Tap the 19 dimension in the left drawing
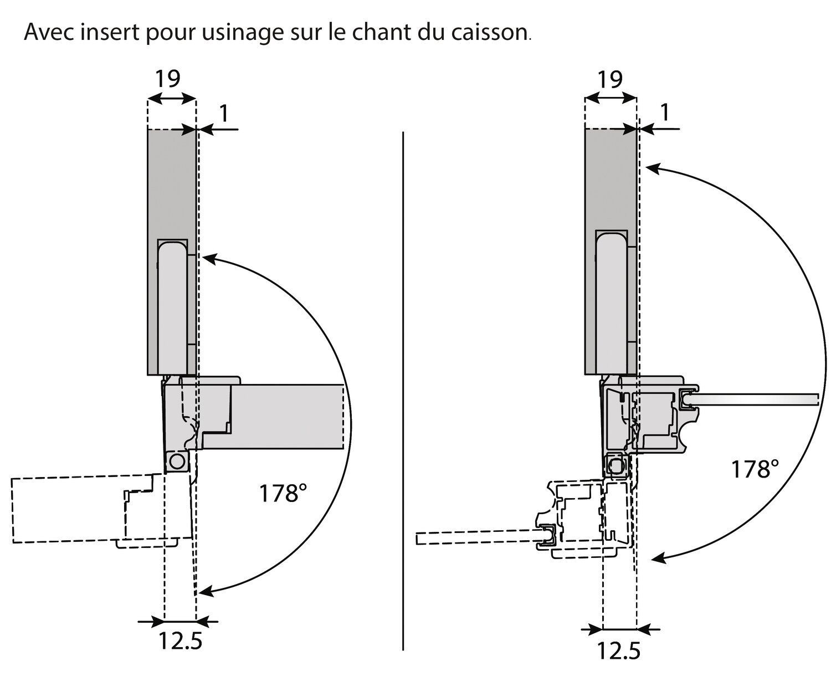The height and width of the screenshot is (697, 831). point(167,79)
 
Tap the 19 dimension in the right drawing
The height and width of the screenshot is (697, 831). point(609,79)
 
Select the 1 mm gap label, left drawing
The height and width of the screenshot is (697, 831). point(224,113)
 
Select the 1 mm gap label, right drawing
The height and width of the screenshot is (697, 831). point(665,113)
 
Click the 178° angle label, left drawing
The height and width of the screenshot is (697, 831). point(283,493)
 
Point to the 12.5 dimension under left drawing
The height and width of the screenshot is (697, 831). point(180,642)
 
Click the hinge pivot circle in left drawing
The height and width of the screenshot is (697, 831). point(177,461)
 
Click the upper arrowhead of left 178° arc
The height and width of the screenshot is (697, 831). point(208,257)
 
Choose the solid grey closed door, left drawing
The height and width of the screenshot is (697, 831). point(288,416)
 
